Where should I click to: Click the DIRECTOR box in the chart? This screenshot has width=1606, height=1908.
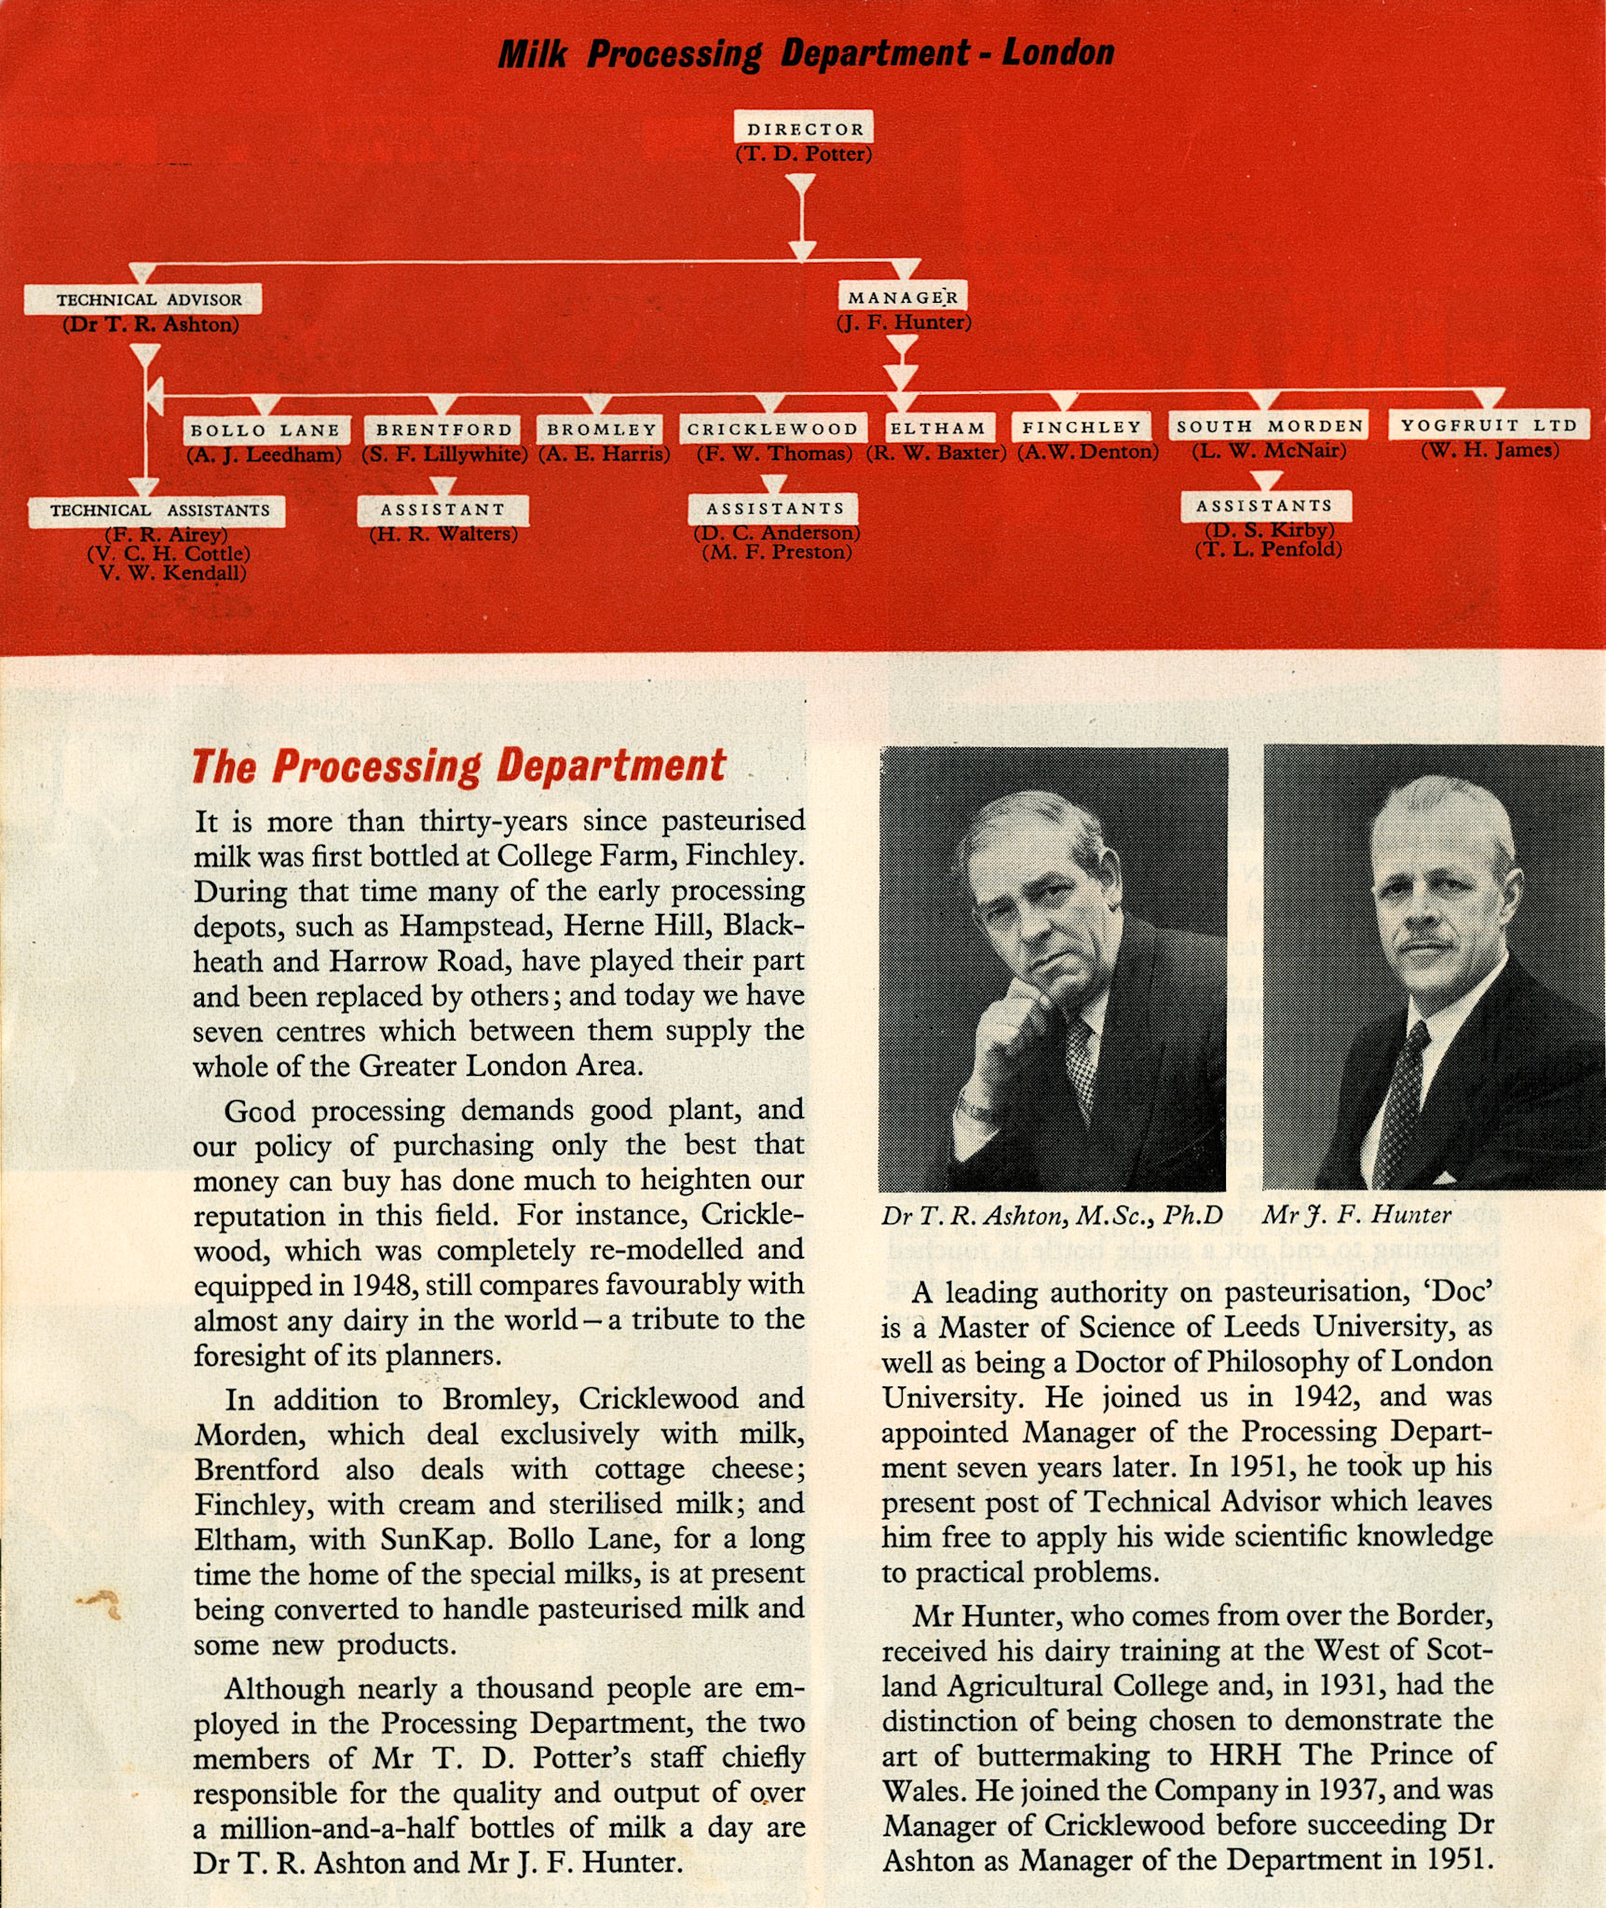coord(805,129)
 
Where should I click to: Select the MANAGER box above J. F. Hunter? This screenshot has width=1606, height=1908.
coord(902,297)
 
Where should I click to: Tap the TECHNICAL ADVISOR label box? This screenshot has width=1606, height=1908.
coord(143,299)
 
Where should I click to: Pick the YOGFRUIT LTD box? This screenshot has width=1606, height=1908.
coord(1489,425)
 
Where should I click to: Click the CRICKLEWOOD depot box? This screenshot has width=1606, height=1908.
coord(772,429)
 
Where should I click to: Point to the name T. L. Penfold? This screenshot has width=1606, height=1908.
coord(1269,549)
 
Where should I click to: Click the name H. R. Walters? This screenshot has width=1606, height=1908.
coord(443,535)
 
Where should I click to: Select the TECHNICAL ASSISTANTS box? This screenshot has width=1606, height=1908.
coord(157,511)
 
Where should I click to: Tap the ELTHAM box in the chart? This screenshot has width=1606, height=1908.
coord(938,428)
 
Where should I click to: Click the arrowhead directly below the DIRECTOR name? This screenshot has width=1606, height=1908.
coord(801,187)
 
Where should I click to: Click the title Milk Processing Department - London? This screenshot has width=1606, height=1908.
coord(805,53)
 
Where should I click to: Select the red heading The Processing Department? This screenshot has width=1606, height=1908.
coord(457,766)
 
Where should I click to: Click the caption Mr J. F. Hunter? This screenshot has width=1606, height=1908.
coord(1356,1215)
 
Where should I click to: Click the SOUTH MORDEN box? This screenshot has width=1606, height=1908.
coord(1269,426)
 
